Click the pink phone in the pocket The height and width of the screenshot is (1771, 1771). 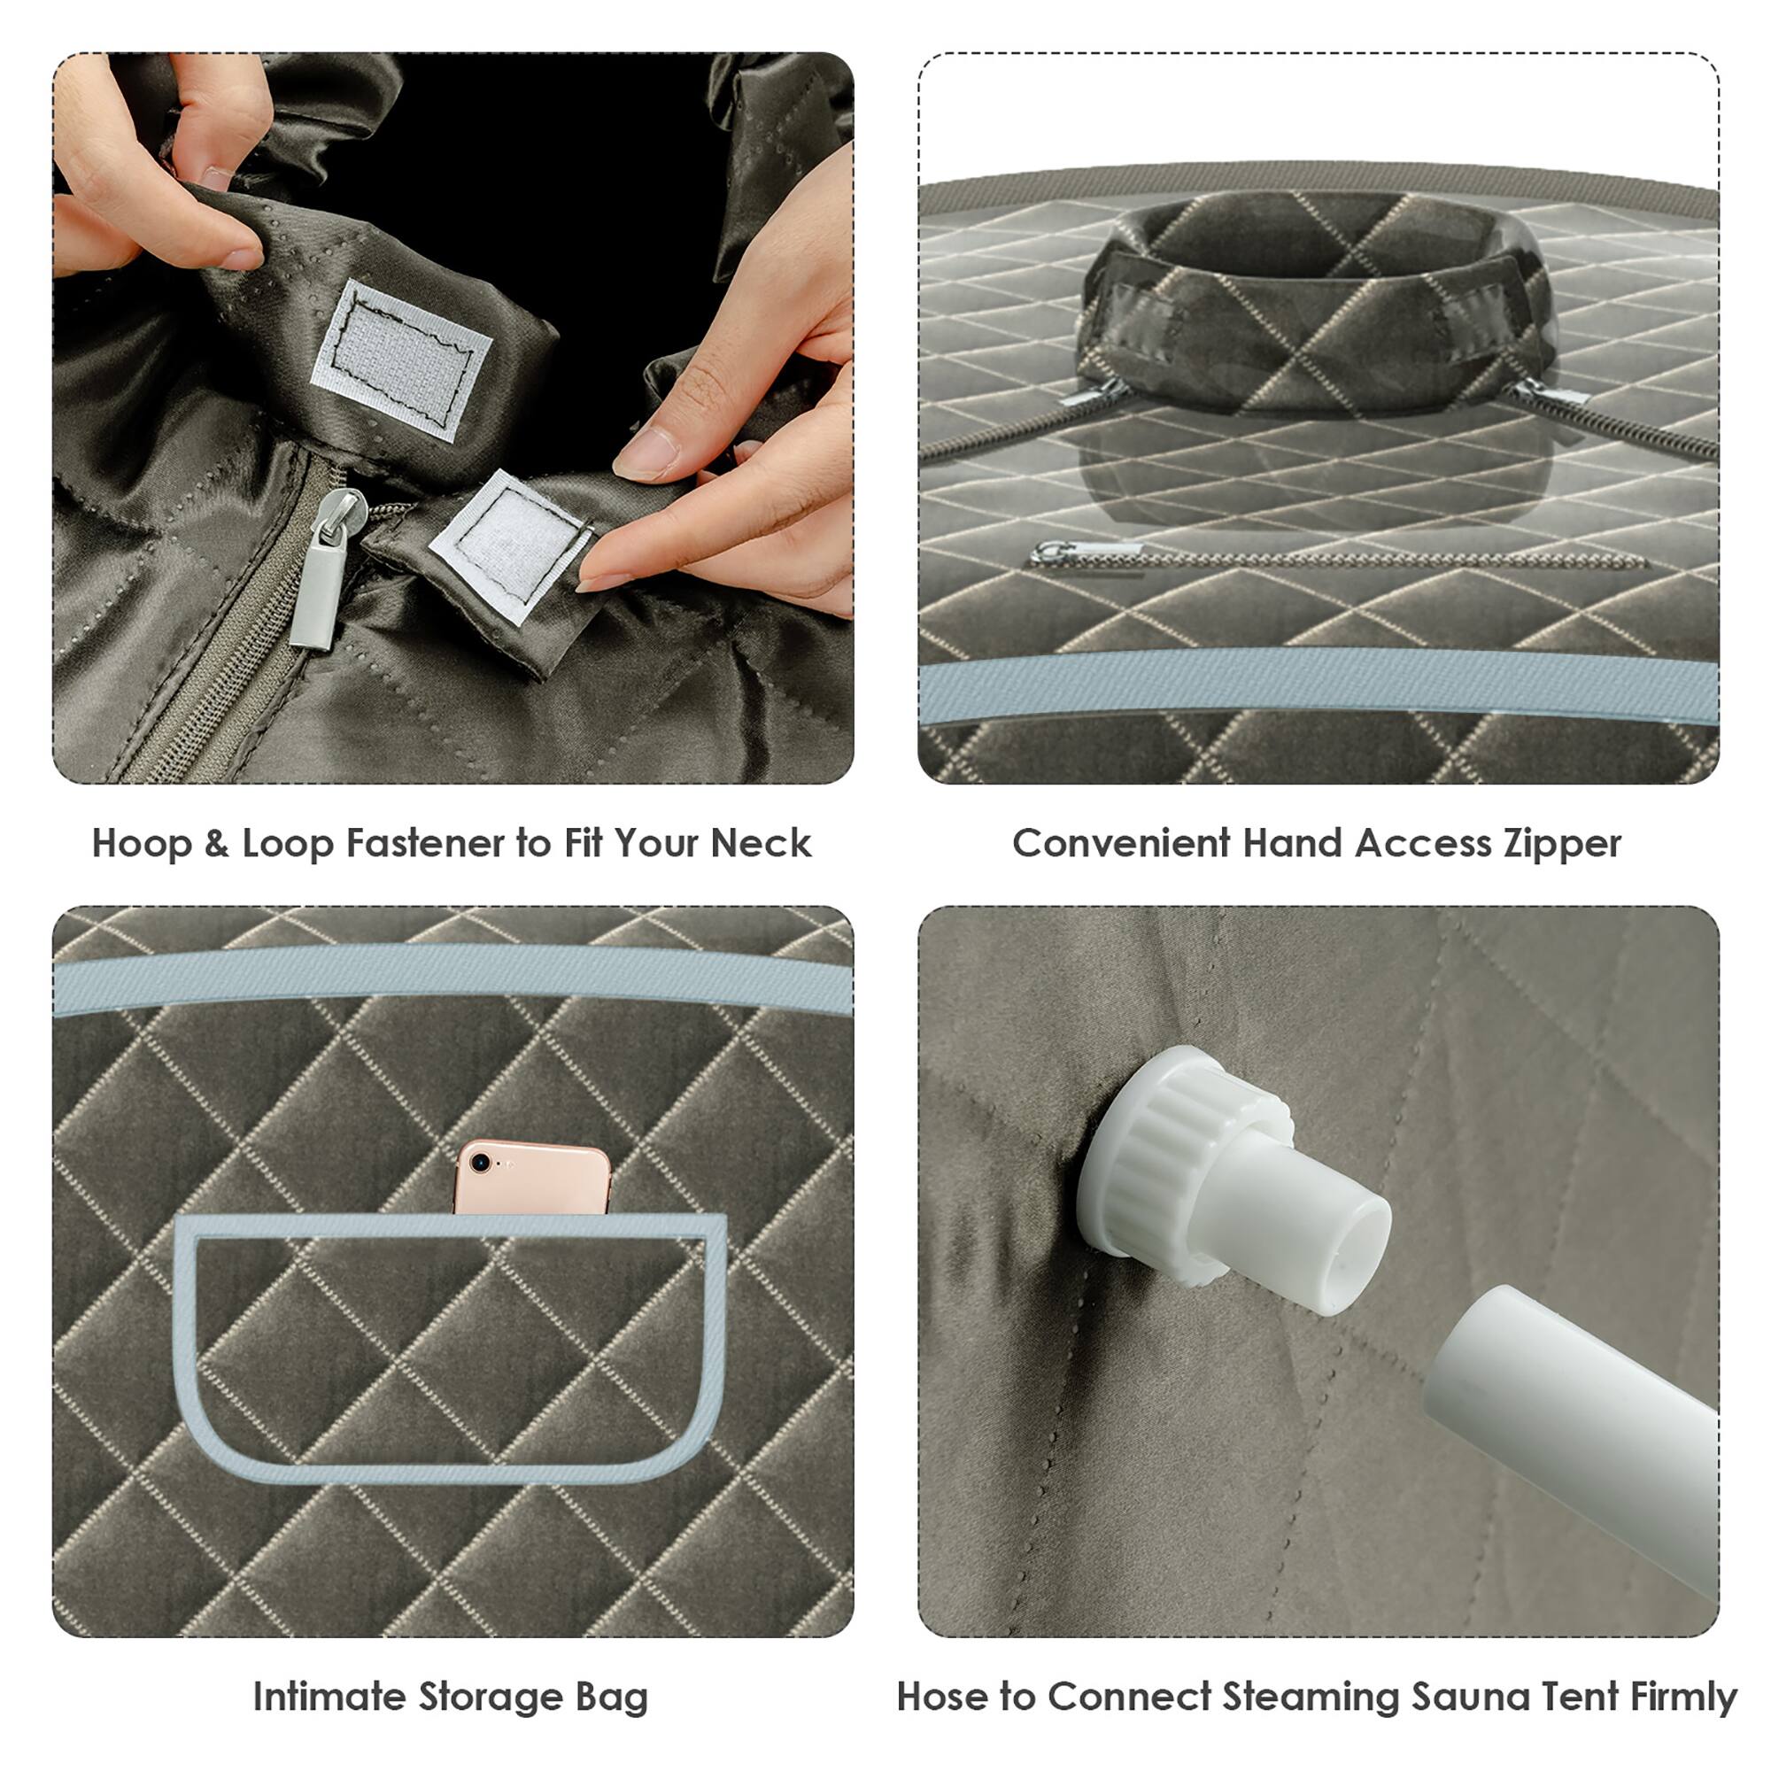pos(532,1179)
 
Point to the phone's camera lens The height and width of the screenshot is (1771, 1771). pos(479,1164)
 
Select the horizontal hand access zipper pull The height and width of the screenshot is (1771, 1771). pos(1087,552)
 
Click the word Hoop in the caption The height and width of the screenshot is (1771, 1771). pos(142,844)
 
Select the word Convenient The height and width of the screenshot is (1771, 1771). pos(1121,844)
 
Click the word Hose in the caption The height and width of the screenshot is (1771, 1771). pos(943,1671)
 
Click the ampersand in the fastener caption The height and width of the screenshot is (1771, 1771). pos(216,844)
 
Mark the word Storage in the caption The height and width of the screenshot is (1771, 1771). pos(491,1671)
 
